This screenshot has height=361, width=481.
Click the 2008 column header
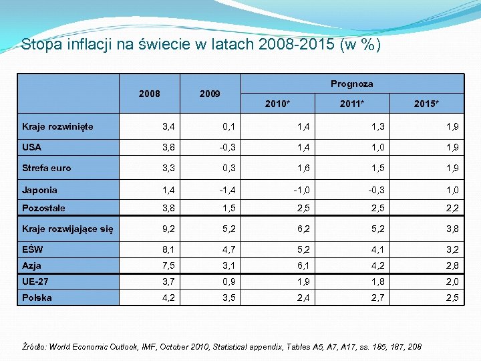(149, 94)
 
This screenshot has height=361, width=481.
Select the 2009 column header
(210, 94)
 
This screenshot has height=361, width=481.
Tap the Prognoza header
(351, 84)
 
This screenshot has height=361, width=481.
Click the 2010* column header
(277, 104)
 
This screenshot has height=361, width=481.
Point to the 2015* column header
(426, 104)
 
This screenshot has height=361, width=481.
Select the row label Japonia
(39, 190)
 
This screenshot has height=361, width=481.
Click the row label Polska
(37, 297)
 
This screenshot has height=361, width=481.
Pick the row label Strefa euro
(46, 168)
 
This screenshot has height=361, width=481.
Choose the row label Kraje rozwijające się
(67, 230)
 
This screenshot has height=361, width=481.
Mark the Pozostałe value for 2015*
(453, 209)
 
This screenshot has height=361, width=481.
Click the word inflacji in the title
(83, 45)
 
